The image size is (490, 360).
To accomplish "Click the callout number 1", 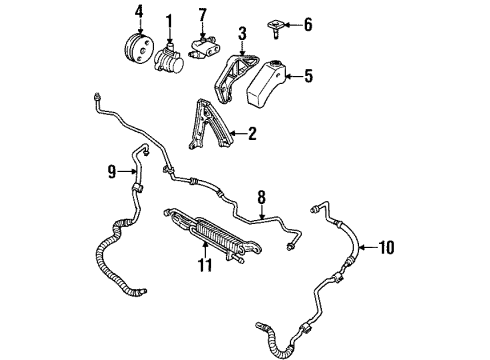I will pos(169,19).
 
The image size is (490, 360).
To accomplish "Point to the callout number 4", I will pos(139,13).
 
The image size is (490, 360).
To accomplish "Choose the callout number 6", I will pos(307,23).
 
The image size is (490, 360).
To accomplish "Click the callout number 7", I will pos(203,14).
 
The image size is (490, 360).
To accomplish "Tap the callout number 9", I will pos(112,172).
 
